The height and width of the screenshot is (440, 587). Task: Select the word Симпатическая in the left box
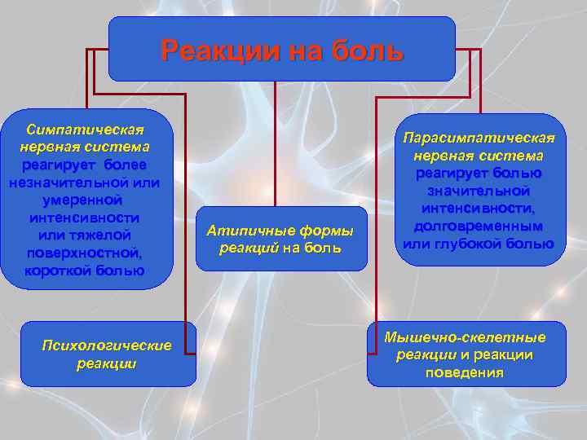(x=86, y=130)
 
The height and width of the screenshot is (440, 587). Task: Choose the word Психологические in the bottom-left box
(x=107, y=345)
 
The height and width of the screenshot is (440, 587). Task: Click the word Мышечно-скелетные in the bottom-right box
(x=466, y=337)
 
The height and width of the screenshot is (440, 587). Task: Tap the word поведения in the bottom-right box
(x=465, y=372)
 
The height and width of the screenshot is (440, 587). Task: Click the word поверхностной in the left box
(x=86, y=253)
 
